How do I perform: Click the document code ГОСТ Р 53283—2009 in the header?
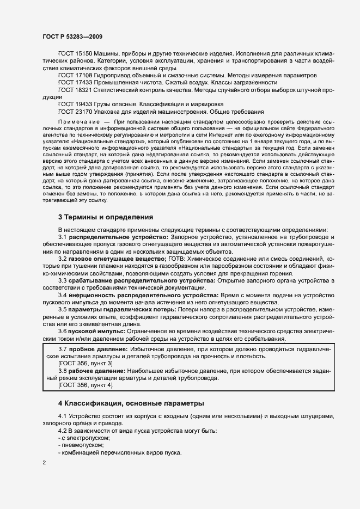71,36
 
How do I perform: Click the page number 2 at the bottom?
44,463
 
